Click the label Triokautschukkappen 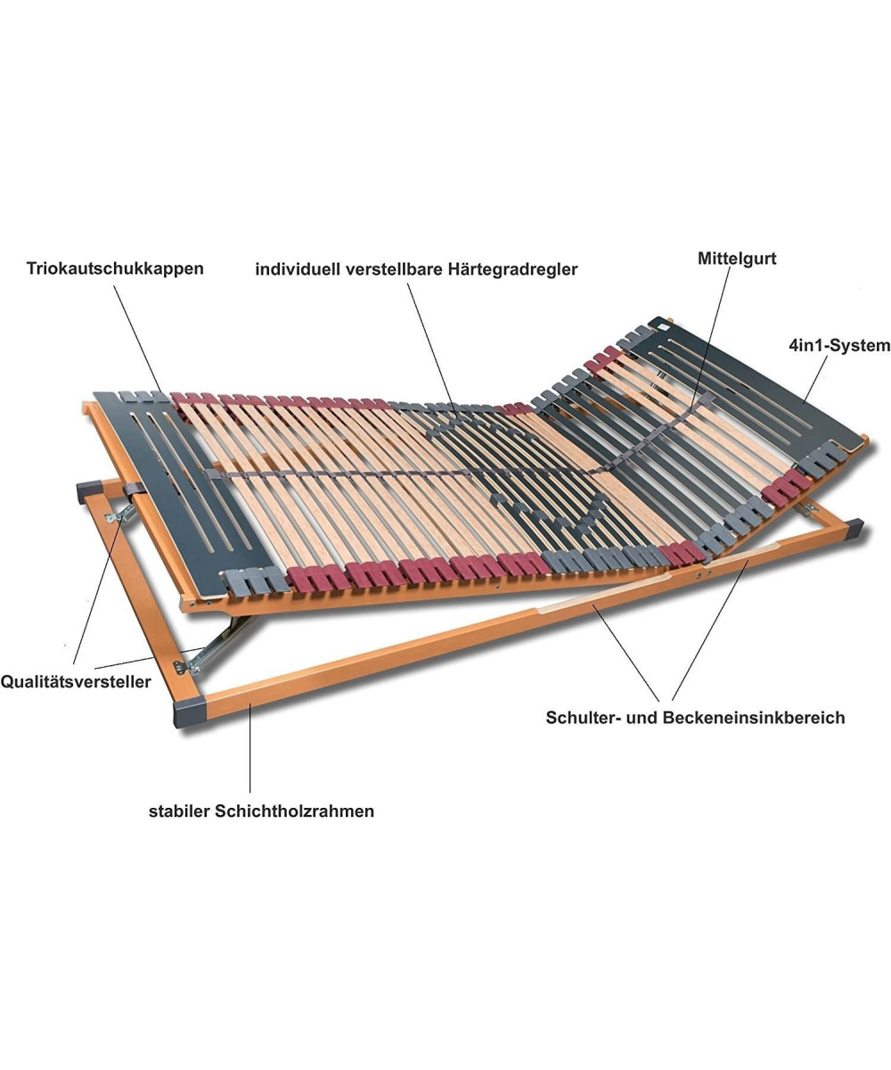coord(115,268)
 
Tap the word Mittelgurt coord(737,259)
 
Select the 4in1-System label coord(840,345)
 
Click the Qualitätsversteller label coord(76,682)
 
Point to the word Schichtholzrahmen coord(294,811)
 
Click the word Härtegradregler coord(513,269)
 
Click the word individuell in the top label coord(298,269)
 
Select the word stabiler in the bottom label coord(180,811)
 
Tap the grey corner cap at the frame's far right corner coord(854,528)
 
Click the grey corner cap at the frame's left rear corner coord(88,492)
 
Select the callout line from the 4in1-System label coord(814,380)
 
